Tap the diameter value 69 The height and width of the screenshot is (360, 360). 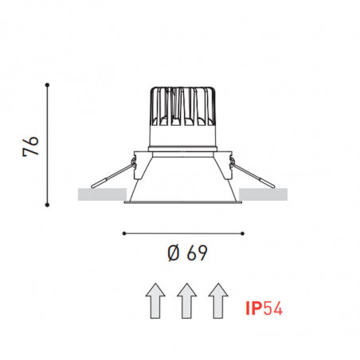[x=197, y=254]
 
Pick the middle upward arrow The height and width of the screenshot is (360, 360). [x=185, y=300]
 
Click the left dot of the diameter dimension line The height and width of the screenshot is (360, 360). [x=125, y=233]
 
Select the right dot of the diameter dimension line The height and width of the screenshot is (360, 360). [x=242, y=233]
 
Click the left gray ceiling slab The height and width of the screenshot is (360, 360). [x=102, y=194]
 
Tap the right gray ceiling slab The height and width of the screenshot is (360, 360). [x=263, y=194]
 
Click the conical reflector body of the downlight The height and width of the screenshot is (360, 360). [x=183, y=179]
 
